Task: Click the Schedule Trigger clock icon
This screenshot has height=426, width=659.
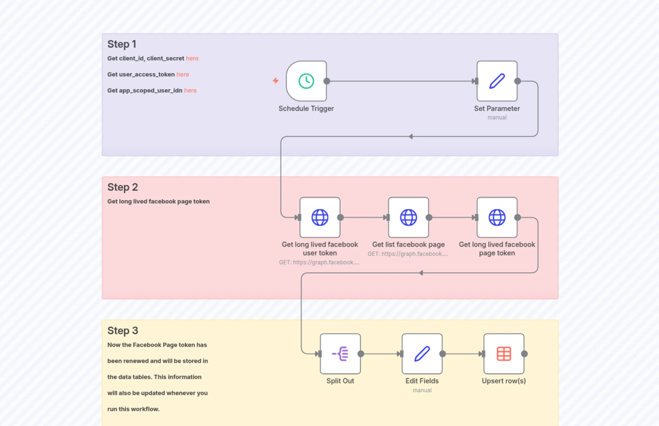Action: pyautogui.click(x=306, y=81)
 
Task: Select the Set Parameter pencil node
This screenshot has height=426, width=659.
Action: pyautogui.click(x=497, y=81)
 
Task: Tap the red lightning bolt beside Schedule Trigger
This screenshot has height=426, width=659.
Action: pyautogui.click(x=275, y=80)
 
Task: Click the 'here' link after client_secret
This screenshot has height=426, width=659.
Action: pyautogui.click(x=192, y=58)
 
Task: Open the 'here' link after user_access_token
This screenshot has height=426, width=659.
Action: pyautogui.click(x=183, y=74)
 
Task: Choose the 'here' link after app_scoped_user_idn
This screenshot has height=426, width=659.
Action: pyautogui.click(x=190, y=90)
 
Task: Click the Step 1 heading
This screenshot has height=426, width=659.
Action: pyautogui.click(x=122, y=44)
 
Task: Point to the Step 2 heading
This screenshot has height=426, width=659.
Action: pyautogui.click(x=122, y=187)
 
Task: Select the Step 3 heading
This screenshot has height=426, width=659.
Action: pyautogui.click(x=122, y=331)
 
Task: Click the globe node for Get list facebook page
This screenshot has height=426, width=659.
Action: pyautogui.click(x=408, y=217)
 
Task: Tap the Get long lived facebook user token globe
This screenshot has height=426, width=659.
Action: pyautogui.click(x=320, y=217)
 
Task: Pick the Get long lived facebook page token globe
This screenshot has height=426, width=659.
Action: pyautogui.click(x=497, y=217)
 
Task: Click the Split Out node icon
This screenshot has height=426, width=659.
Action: pyautogui.click(x=340, y=354)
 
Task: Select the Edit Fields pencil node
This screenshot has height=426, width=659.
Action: pyautogui.click(x=422, y=354)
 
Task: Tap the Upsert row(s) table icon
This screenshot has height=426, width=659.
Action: pyautogui.click(x=504, y=354)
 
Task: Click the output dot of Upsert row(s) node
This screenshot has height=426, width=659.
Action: pyautogui.click(x=524, y=354)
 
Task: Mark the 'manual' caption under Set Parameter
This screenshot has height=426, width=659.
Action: pyautogui.click(x=497, y=118)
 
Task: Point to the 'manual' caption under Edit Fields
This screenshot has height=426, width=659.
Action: pyautogui.click(x=422, y=390)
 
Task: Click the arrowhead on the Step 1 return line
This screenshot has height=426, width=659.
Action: pyautogui.click(x=411, y=136)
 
